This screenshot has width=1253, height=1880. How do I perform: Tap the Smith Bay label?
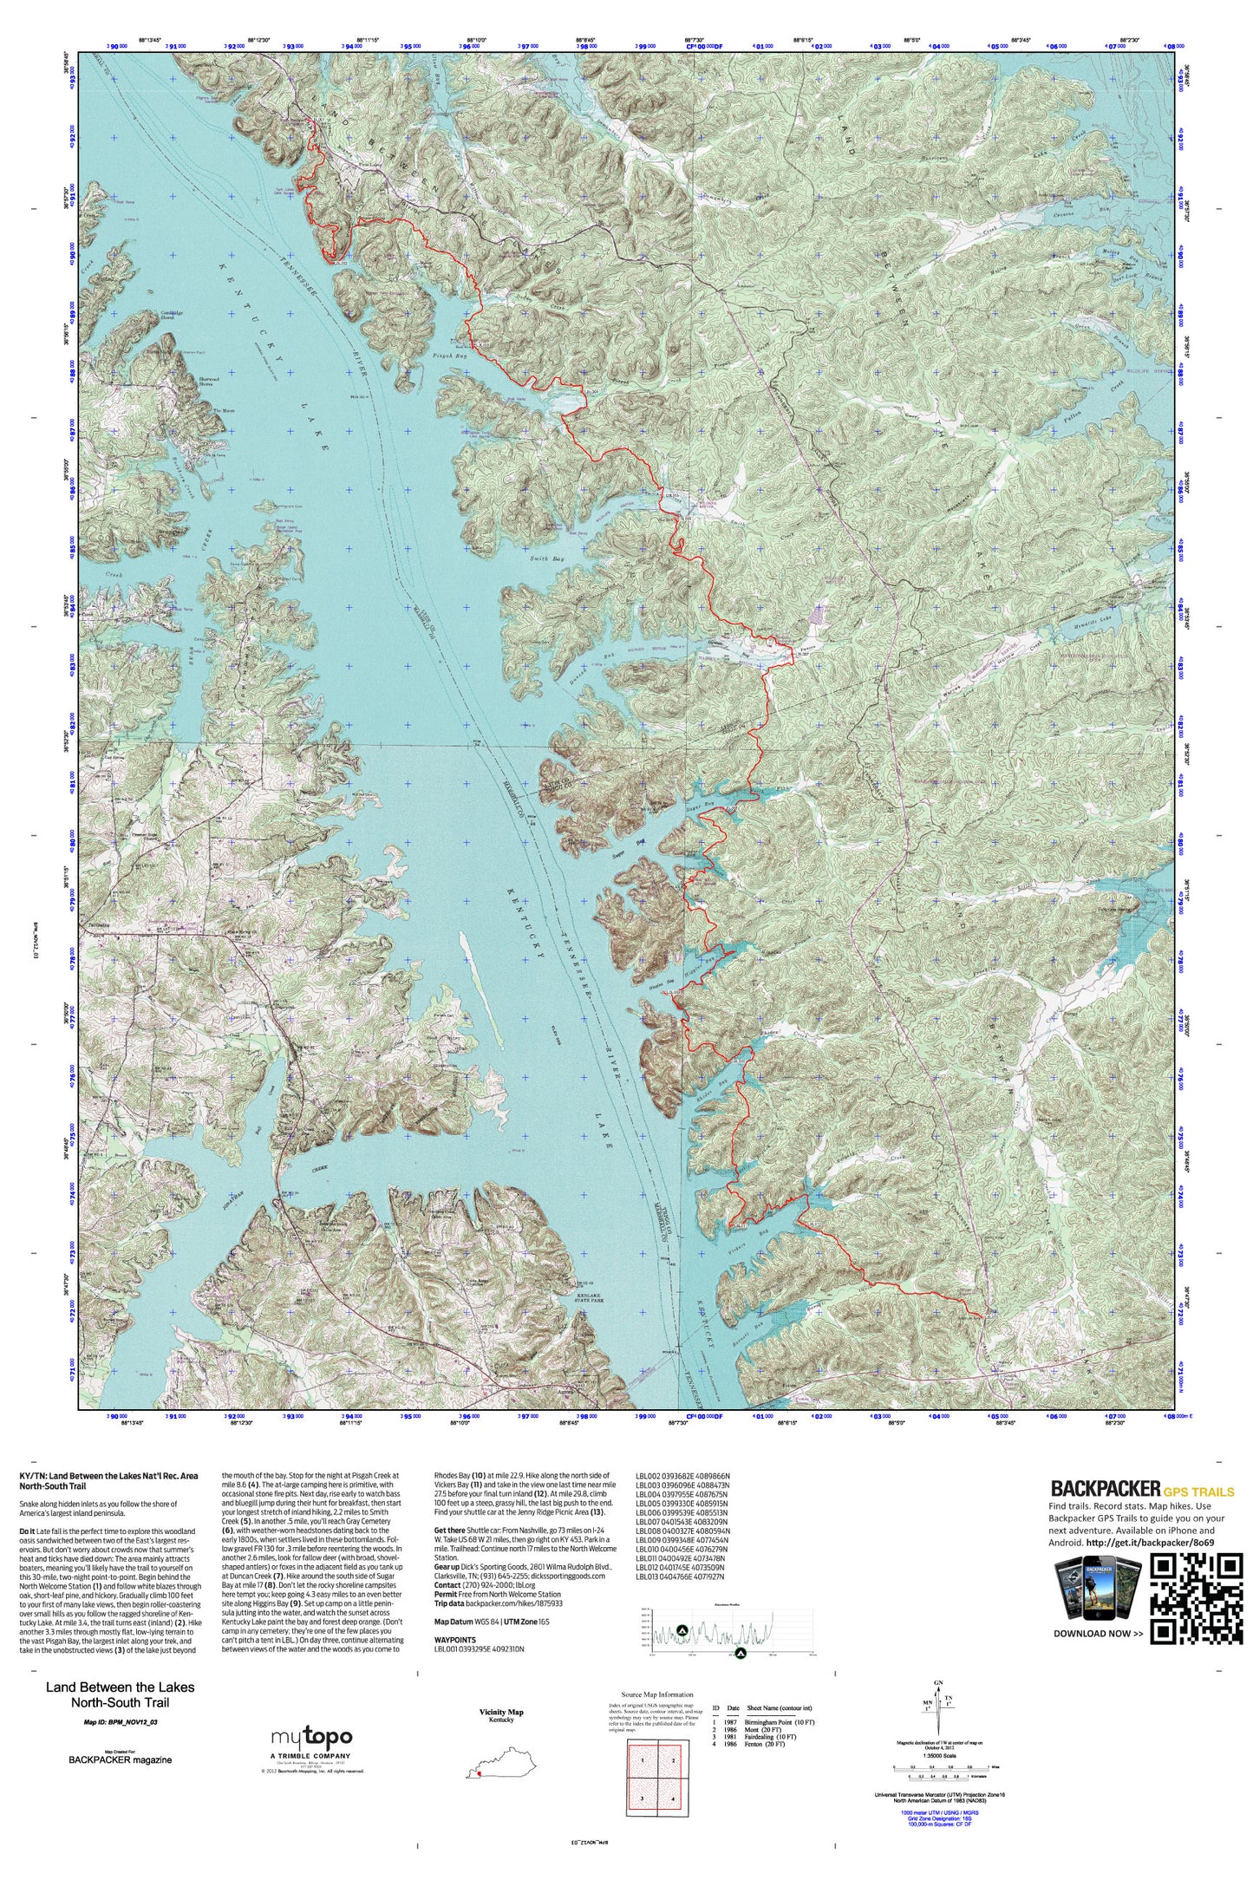pos(546,560)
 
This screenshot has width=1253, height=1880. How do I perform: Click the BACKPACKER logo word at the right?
pos(1105,1488)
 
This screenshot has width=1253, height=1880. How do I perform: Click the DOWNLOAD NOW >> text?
pos(1098,1633)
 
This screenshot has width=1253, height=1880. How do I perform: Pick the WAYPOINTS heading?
pos(455,1640)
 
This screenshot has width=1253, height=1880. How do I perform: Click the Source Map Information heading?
pos(657,1694)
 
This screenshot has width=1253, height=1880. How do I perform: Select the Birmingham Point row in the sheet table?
pos(763,1721)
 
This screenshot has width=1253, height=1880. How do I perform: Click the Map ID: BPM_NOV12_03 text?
pos(121,1722)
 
